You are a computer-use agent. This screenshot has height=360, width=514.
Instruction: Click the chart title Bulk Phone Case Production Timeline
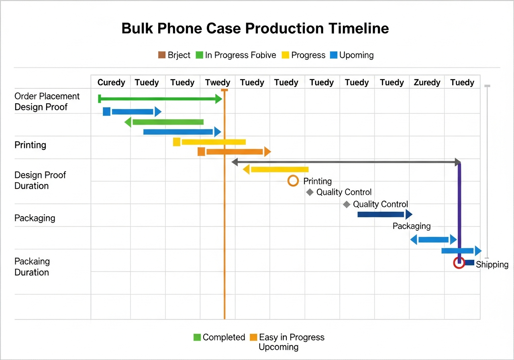(x=255, y=29)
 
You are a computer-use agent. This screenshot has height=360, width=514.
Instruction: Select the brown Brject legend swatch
(x=162, y=55)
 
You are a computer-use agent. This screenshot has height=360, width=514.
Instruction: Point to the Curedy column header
(x=111, y=82)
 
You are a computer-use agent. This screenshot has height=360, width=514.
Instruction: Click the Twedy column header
(x=217, y=82)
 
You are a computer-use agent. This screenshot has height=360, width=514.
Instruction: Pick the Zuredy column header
(x=427, y=82)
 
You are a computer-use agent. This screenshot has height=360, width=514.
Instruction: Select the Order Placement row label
(x=47, y=96)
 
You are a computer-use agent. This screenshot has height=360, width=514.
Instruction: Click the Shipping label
(x=492, y=264)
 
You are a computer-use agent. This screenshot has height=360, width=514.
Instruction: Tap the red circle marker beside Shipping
(x=459, y=263)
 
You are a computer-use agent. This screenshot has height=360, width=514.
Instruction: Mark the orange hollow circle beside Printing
(x=293, y=181)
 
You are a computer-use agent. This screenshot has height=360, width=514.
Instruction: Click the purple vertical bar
(x=460, y=209)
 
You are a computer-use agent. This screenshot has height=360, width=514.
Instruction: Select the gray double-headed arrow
(x=346, y=162)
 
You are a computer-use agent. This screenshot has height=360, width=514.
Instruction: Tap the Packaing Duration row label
(x=32, y=267)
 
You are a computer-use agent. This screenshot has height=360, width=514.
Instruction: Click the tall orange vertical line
(x=224, y=241)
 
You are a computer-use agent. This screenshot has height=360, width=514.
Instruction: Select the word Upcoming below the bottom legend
(x=278, y=347)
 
